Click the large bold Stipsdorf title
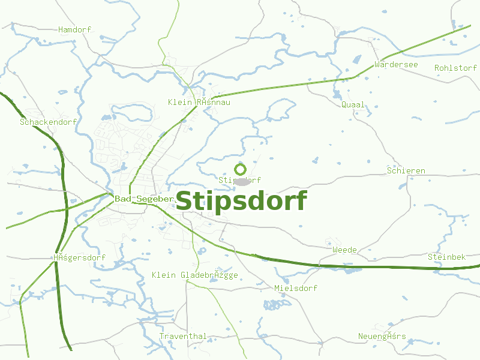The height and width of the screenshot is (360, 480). pos(241,201)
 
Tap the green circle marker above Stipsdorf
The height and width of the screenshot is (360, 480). pos(241,169)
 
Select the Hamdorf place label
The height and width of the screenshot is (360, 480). pos(74,29)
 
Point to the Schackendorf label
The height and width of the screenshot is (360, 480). pos(49,122)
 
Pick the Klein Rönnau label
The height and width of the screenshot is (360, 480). pos(199,103)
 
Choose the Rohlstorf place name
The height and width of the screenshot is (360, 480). pos(455,68)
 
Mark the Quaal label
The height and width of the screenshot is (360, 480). pos(353,104)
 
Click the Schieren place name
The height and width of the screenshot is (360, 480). pos(406,171)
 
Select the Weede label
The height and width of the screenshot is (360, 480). pos(344,250)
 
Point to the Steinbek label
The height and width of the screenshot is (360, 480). pos(446,257)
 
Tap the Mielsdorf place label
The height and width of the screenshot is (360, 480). pos(296,288)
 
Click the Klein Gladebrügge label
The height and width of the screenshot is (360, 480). pos(195,275)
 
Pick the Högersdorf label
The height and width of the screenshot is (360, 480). pos(79,258)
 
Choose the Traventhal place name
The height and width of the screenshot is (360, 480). pos(183,336)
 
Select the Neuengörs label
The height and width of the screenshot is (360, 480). pos(382,336)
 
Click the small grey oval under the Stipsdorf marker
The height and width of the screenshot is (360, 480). pos(242,181)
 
